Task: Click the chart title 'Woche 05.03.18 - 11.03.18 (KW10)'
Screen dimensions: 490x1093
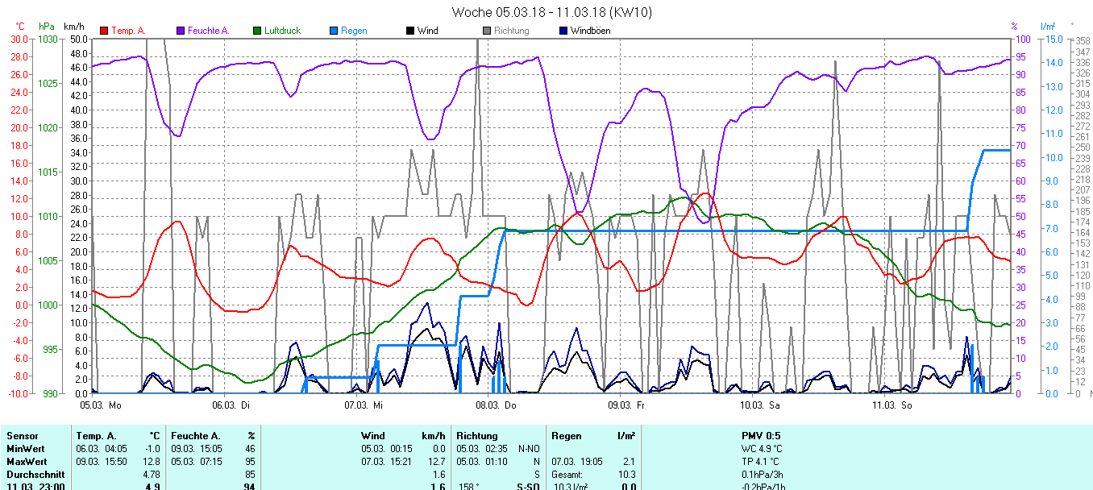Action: [x=551, y=12]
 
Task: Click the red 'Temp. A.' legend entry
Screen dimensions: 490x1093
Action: [x=128, y=31]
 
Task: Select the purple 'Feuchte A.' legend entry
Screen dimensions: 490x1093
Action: [x=208, y=31]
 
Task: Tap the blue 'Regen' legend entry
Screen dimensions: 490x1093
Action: [x=354, y=31]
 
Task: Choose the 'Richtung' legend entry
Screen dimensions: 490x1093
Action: [x=512, y=31]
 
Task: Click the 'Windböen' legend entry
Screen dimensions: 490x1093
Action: [x=590, y=31]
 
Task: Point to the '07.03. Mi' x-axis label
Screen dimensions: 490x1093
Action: [x=363, y=405]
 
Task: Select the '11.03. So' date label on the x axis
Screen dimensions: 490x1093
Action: [x=892, y=405]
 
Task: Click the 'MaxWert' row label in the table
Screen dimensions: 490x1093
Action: [x=25, y=462]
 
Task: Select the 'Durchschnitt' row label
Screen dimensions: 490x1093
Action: [x=33, y=475]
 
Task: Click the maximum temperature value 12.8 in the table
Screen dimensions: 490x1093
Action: [x=152, y=462]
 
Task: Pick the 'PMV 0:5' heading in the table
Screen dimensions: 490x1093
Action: [x=761, y=436]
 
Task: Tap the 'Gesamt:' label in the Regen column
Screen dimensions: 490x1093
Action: [x=567, y=475]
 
